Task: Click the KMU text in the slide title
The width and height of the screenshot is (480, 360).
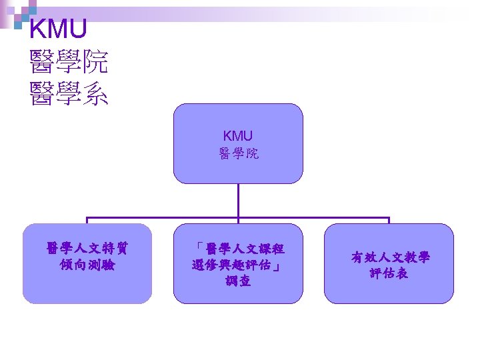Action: [58, 29]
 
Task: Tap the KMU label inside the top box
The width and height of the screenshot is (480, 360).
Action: [238, 137]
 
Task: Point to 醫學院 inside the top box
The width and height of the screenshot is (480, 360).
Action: [238, 154]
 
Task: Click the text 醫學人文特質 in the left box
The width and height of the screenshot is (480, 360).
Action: [87, 249]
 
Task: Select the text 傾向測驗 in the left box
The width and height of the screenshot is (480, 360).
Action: [87, 265]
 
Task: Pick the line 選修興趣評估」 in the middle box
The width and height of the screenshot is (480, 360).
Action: [238, 265]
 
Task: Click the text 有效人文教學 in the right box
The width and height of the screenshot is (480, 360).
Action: [390, 257]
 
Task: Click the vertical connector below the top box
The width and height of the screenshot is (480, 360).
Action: [238, 200]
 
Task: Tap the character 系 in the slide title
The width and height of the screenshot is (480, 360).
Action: [95, 94]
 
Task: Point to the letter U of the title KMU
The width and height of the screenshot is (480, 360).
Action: [77, 29]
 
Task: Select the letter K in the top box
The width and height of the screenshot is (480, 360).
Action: [227, 137]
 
